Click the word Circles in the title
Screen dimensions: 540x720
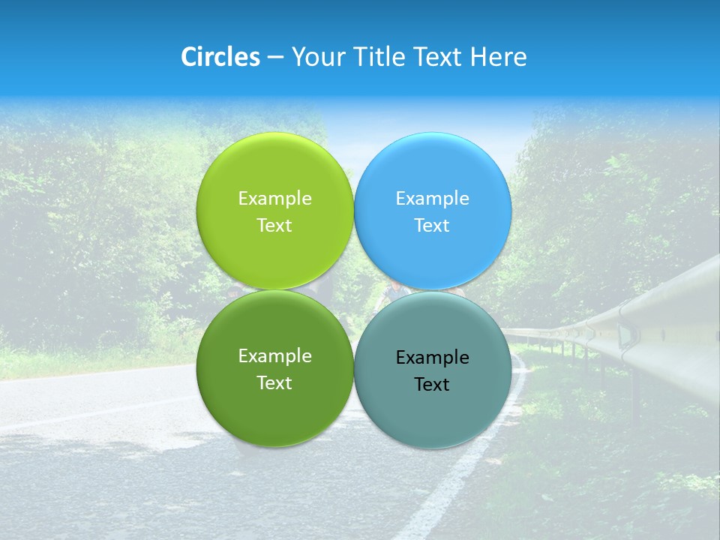tap(220, 57)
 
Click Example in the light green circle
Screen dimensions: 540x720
tap(274, 199)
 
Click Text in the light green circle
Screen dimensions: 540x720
tap(274, 226)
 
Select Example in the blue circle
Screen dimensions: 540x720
tap(432, 199)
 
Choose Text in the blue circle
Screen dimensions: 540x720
tap(432, 226)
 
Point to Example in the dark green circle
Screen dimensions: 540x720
tap(274, 356)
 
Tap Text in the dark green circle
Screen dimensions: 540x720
tap(274, 383)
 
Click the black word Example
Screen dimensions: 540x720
tap(432, 358)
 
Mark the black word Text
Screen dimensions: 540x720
tap(432, 385)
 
